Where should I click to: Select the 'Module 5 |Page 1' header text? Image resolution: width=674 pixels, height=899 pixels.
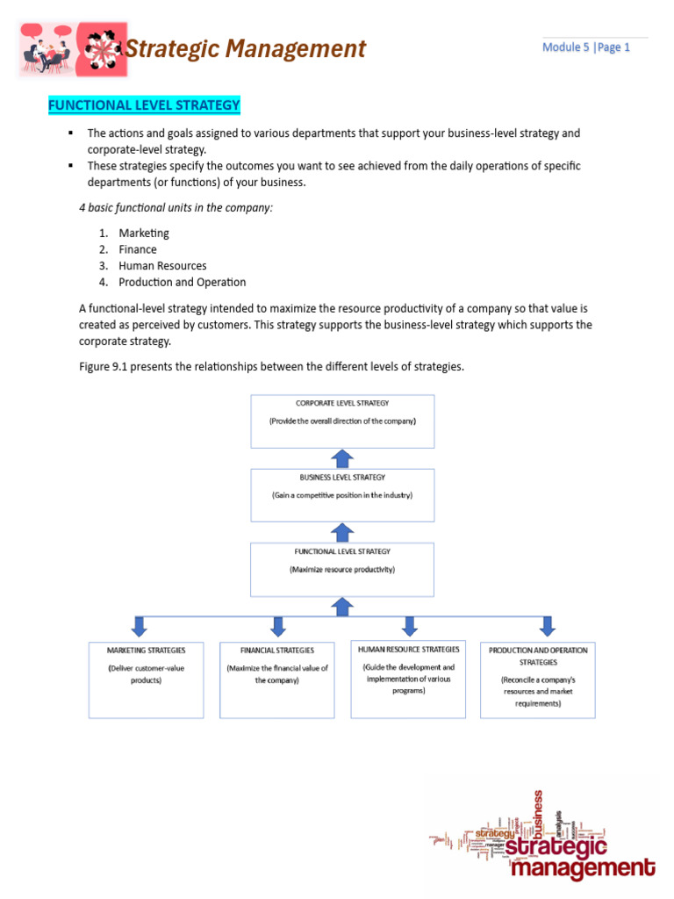[585, 47]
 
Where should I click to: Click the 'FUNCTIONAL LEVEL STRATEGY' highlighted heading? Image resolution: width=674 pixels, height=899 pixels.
[144, 105]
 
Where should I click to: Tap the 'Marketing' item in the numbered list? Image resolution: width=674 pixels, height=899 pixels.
[144, 234]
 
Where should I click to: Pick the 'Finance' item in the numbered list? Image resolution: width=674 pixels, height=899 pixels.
[138, 249]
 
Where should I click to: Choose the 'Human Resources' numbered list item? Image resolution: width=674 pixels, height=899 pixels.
[162, 266]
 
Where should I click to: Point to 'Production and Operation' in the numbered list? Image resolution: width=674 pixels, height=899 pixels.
[182, 283]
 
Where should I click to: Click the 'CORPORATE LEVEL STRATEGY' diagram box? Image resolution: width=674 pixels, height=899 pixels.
[342, 421]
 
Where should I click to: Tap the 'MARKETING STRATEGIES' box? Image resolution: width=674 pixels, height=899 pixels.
[147, 680]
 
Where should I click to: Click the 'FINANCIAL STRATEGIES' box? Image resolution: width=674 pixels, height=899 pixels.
[277, 680]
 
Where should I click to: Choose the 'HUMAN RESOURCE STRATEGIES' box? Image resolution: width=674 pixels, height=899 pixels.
[408, 679]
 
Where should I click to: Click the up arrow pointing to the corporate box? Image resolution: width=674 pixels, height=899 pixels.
[343, 458]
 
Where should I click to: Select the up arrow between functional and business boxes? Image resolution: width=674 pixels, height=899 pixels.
[343, 532]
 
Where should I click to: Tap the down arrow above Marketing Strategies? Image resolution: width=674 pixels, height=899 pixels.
[139, 625]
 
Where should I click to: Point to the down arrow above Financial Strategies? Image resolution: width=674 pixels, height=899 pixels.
[278, 625]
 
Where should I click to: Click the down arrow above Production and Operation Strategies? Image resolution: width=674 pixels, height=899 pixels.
[547, 625]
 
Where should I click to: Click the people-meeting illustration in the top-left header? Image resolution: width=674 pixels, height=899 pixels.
[48, 49]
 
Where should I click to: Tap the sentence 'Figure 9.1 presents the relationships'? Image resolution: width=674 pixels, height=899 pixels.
[271, 366]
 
